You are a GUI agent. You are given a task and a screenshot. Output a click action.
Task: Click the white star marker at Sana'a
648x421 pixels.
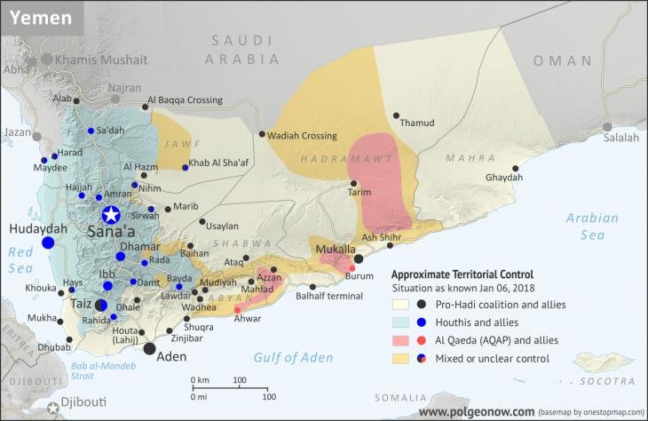pos(110,214)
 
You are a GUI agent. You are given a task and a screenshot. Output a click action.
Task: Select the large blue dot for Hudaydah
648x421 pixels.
pos(48,242)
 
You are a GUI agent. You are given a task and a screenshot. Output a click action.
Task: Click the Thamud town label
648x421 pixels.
pos(418,123)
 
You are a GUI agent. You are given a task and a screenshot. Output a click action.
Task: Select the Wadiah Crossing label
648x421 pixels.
pos(303,136)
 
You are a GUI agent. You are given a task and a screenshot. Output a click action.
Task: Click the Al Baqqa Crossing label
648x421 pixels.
pos(185,100)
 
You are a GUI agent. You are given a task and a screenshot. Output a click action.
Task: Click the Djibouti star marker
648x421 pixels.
pos(53,408)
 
